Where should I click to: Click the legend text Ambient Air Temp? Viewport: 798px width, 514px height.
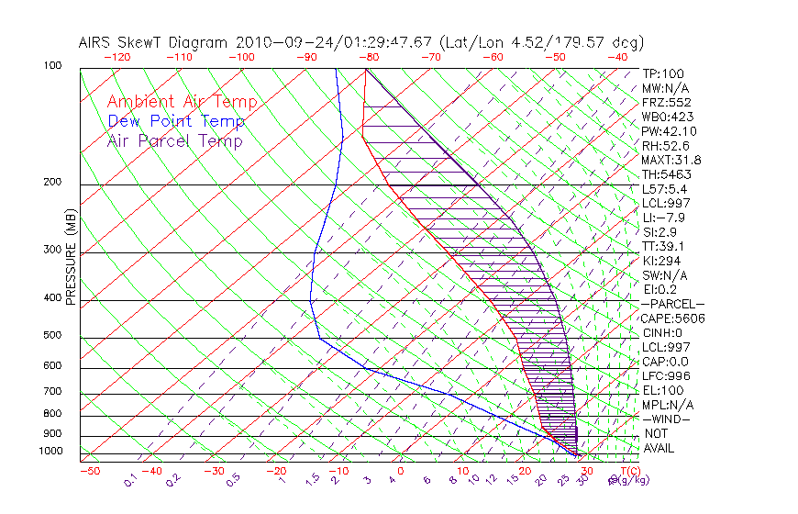coord(182,102)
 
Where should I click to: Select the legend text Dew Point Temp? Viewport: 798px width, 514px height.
coord(176,121)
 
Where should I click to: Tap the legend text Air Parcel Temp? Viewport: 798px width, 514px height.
coord(174,140)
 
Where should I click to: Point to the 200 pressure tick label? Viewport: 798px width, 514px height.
coord(52,182)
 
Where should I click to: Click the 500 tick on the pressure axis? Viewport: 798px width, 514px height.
coord(52,336)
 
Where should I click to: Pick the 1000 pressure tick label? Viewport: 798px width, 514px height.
coord(50,452)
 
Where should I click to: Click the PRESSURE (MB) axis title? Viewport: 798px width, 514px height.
coord(71,257)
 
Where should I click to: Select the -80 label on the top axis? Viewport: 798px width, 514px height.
coord(369,57)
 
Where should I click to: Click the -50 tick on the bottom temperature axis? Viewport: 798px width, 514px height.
coord(89,471)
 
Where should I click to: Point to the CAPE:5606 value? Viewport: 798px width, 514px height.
coord(672,318)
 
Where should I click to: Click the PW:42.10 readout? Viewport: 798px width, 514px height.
coord(666,131)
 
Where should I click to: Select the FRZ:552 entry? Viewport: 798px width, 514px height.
coord(667,102)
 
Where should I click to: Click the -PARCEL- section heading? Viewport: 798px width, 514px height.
coord(672,304)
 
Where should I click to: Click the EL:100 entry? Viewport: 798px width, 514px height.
coord(661,390)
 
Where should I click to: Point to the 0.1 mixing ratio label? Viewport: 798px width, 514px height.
coord(131,479)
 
